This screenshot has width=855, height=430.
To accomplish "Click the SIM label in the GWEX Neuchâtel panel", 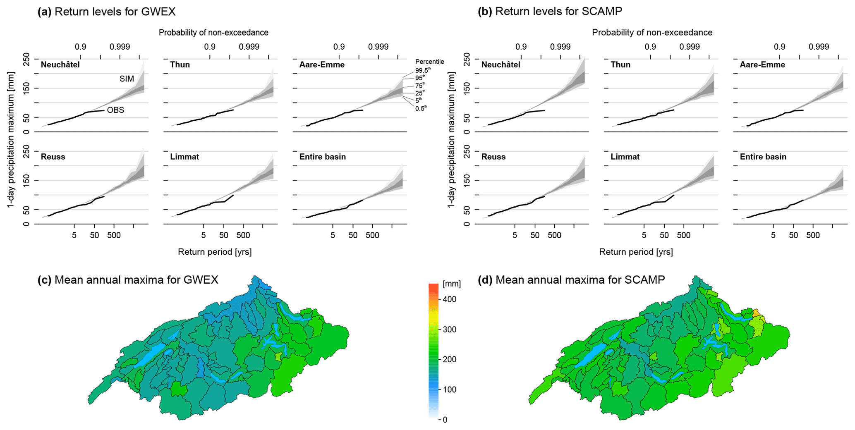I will point(127,79).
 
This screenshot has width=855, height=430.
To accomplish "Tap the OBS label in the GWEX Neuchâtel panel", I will point(115,110).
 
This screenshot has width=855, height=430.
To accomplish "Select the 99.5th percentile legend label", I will point(422,70).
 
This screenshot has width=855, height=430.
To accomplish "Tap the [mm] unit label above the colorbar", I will point(451,284).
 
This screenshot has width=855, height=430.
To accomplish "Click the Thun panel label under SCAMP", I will point(620,65).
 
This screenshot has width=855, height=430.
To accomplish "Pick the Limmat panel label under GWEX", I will point(184,157).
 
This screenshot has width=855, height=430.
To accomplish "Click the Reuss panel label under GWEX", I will point(53,157).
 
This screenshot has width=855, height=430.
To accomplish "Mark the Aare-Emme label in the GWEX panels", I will point(322,65).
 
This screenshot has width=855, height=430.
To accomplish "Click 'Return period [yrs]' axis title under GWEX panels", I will point(215,252).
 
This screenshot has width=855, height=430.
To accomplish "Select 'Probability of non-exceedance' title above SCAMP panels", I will point(652,32).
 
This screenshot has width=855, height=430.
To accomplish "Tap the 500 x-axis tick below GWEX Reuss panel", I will point(114,236).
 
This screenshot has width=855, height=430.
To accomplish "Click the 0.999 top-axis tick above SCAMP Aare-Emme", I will point(819,47).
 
